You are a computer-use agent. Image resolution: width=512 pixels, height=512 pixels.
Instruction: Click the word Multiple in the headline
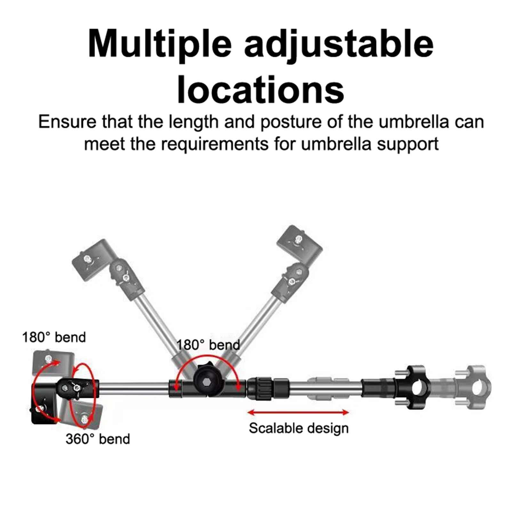tap(159, 44)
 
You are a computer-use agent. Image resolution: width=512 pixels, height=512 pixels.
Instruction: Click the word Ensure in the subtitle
tap(67, 122)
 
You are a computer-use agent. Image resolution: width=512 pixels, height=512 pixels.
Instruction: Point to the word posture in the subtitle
tap(291, 123)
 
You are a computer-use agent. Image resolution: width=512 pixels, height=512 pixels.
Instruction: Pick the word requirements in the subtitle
tap(215, 144)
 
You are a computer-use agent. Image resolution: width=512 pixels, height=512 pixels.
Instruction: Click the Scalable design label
tap(299, 428)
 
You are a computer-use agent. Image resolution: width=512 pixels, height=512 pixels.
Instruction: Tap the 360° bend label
tap(98, 439)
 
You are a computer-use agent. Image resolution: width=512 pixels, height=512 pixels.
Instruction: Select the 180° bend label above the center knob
tap(208, 345)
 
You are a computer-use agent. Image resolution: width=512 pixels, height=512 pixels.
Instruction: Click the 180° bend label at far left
tap(54, 337)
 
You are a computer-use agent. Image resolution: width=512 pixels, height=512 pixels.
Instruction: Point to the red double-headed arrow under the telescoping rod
tap(299, 412)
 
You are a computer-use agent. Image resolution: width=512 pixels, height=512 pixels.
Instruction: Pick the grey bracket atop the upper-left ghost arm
tap(93, 260)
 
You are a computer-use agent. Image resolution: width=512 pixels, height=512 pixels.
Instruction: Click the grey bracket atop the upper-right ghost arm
tap(300, 244)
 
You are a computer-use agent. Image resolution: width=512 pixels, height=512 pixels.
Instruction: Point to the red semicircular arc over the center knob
tap(208, 361)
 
